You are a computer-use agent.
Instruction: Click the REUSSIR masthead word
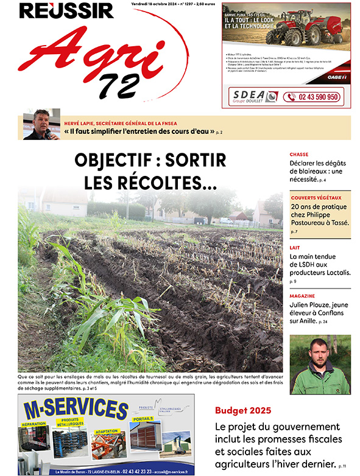coord(66,10)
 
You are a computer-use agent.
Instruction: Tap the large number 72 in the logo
coord(119,86)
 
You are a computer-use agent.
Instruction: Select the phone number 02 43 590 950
coord(320,97)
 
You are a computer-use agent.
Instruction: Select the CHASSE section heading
coord(300,155)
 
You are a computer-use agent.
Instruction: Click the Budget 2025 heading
coord(242,409)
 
